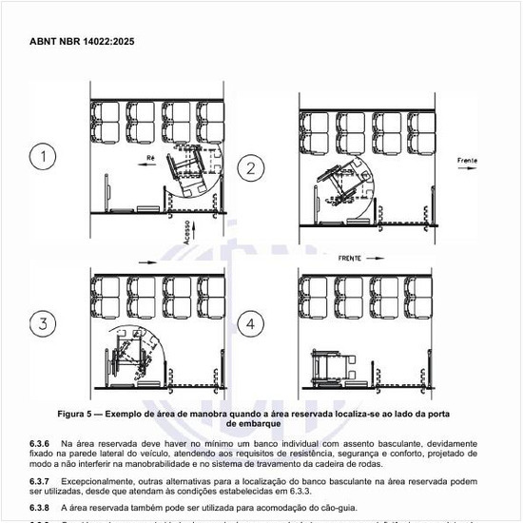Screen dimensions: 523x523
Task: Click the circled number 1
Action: click(x=42, y=157)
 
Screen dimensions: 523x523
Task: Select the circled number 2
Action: click(x=251, y=169)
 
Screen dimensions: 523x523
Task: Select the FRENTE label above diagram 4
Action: click(x=351, y=257)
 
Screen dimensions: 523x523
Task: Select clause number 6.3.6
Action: click(x=39, y=444)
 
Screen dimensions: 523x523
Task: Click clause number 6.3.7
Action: click(x=39, y=481)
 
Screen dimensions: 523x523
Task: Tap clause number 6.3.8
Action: click(x=39, y=507)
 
